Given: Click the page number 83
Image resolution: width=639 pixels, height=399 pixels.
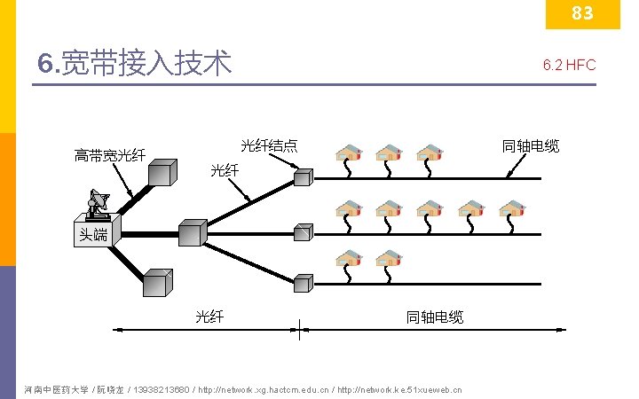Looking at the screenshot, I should click(x=582, y=13).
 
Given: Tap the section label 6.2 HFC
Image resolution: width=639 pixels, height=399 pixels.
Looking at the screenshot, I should click(x=569, y=65).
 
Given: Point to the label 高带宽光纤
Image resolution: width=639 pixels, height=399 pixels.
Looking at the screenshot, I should click(x=109, y=156).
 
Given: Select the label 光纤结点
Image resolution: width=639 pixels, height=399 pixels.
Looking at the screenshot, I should click(x=269, y=145).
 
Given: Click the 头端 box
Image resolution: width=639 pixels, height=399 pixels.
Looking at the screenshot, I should click(x=94, y=234).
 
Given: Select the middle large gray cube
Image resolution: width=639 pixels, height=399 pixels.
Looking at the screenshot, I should click(x=191, y=232).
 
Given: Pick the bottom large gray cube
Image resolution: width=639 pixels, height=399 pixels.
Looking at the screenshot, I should click(x=157, y=283).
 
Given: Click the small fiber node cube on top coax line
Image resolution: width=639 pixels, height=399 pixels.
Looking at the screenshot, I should click(x=304, y=178).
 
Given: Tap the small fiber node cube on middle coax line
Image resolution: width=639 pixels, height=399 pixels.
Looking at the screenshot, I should click(x=304, y=232).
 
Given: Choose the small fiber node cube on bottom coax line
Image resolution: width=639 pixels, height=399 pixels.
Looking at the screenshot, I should click(x=304, y=284).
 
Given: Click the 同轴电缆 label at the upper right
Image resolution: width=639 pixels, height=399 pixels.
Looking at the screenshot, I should click(x=531, y=146).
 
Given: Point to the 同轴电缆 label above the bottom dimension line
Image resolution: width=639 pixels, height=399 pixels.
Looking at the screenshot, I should click(x=435, y=317).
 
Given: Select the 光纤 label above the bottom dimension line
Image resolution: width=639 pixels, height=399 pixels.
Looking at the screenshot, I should click(x=210, y=317).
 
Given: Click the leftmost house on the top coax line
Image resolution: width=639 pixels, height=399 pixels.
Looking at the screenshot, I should click(x=349, y=153).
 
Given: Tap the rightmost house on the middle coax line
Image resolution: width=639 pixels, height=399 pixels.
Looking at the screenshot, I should click(x=512, y=208).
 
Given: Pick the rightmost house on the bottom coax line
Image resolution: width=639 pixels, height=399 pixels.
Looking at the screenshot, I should click(x=389, y=259).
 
